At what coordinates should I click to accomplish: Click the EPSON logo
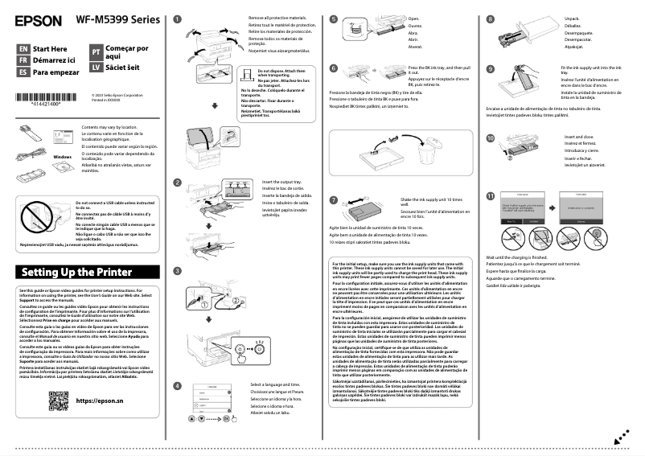coord(38,18)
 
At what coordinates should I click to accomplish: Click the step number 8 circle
coord(491,18)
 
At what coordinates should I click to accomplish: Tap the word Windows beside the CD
coord(63,156)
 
